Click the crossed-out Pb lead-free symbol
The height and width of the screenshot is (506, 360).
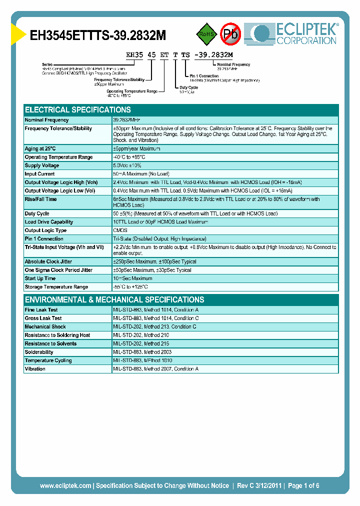click(x=231, y=34)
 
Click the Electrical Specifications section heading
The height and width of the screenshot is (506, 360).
click(x=78, y=109)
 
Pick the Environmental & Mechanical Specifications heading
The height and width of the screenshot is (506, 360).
click(x=114, y=299)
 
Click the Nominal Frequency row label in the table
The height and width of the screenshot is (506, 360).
click(x=47, y=120)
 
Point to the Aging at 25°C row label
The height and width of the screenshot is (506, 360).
click(x=40, y=148)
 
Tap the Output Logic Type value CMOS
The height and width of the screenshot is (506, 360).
click(x=120, y=230)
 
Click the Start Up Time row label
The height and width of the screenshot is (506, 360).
click(x=40, y=278)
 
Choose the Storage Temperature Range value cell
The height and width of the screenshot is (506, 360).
click(x=131, y=287)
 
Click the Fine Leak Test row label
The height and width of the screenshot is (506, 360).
click(x=41, y=310)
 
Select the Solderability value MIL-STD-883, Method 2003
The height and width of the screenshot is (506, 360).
click(x=142, y=352)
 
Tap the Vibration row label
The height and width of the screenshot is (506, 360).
click(x=35, y=369)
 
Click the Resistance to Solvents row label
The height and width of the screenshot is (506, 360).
click(x=50, y=343)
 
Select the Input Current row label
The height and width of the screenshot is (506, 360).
click(x=40, y=174)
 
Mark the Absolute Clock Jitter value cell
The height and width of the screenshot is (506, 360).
click(x=155, y=261)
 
